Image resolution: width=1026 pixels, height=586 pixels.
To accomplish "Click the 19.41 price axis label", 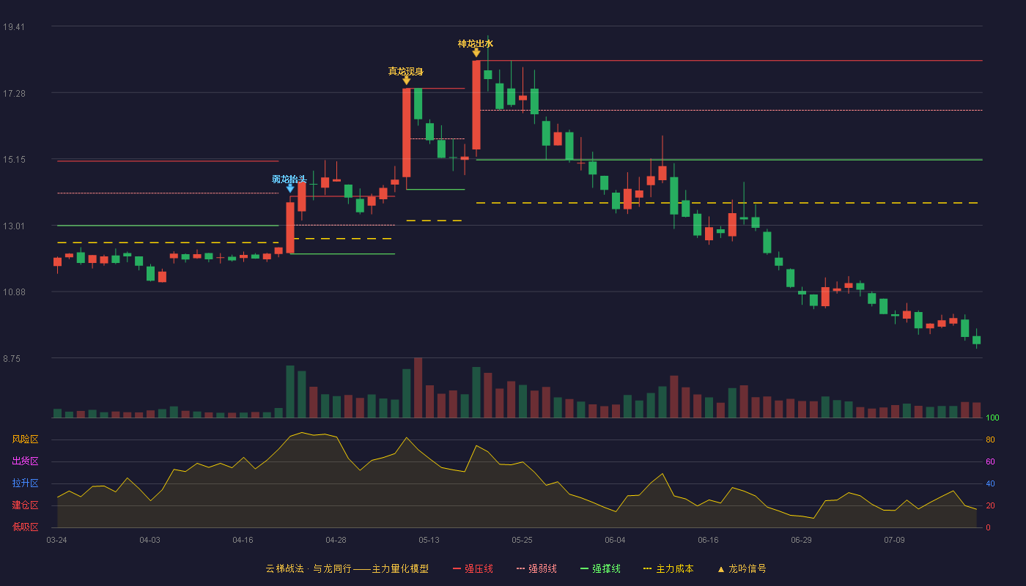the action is pos(14,27).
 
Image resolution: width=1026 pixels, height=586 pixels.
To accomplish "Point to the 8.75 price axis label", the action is pos(12,359).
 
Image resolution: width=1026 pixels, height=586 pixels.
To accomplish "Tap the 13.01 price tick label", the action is pos(14,226).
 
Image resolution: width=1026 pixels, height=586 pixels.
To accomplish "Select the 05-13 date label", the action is pos(429,541).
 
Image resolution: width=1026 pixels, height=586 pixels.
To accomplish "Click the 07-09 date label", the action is pos(894,541).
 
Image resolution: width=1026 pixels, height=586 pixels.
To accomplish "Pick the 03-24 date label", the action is pos(57,541).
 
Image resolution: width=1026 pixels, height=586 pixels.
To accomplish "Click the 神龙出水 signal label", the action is pos(476,44).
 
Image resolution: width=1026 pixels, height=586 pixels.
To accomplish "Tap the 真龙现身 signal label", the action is pos(406,72).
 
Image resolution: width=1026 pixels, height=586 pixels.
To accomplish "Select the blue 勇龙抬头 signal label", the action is pos(289,179).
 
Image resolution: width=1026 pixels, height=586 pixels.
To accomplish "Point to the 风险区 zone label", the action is pos(25,439).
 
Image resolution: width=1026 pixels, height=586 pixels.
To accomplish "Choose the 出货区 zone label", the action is pos(25,461).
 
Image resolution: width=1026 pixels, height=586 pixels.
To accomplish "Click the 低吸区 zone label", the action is pos(25,527).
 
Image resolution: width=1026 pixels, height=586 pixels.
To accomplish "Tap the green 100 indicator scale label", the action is pos(992,418).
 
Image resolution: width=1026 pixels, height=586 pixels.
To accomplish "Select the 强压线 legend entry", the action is pos(473,568).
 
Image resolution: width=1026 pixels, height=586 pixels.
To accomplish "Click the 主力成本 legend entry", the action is pos(668,568).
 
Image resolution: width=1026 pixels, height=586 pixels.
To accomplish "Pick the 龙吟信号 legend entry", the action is pos(742,568).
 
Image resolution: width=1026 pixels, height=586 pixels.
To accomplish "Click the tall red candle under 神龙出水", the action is pos(476,105).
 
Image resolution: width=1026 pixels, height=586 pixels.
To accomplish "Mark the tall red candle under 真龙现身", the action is pos(406,133).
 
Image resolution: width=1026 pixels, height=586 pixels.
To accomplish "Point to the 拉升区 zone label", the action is pos(25,483).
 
